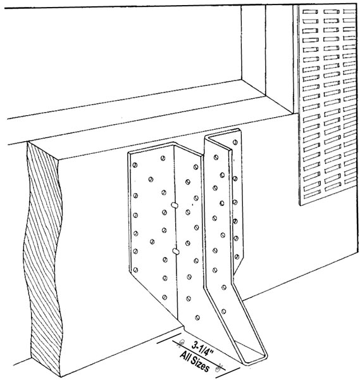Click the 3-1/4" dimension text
[202, 348]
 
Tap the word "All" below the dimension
[185, 357]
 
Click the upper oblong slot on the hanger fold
[175, 205]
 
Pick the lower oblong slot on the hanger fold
[176, 251]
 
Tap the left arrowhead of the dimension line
[180, 343]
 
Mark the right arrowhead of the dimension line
[219, 367]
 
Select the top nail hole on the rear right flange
[235, 142]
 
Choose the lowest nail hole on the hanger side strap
[224, 312]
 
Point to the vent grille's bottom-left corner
[301, 205]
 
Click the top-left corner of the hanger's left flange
[128, 153]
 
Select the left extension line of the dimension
[169, 338]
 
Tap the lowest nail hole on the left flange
[164, 298]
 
